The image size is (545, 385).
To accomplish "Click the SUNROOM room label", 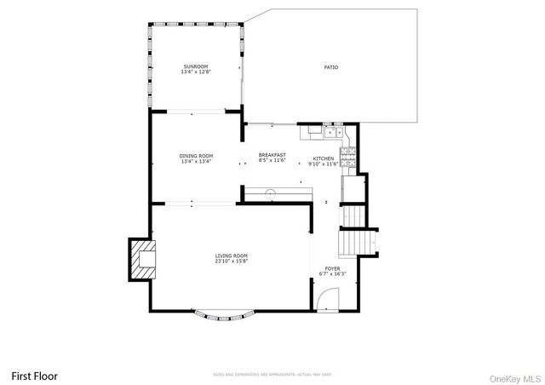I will coord(195,66).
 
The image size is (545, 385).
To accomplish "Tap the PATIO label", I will coord(330,66).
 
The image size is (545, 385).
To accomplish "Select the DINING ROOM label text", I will coord(196,156).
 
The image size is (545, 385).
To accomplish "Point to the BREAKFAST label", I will coord(272,155).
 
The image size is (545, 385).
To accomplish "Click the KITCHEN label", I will coord(324,158).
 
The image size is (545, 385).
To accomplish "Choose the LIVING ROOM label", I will coord(232,256).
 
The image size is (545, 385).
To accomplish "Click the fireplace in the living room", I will coord(141,259).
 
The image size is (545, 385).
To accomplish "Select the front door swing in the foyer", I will coord(328,299).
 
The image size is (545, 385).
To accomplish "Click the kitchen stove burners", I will coord(347,155).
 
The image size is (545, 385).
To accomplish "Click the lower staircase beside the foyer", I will coord(350,244).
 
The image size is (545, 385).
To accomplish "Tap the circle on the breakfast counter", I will coord(271,192).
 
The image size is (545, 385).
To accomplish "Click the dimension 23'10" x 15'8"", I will coord(232,261).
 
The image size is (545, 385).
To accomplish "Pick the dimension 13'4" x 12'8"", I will coord(195,72).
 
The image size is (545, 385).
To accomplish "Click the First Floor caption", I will coord(34,375).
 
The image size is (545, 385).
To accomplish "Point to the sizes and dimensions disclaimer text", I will coord(272,375).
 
